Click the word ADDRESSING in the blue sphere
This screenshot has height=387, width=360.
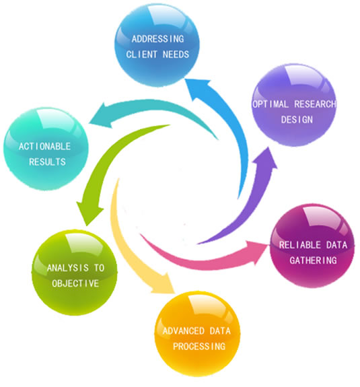tap(157, 39)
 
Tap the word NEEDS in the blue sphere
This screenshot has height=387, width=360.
tap(176, 55)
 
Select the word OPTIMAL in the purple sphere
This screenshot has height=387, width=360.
tap(271, 104)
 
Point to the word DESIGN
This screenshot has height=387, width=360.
tap(297, 120)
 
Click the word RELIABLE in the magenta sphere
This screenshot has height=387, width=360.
tap(300, 245)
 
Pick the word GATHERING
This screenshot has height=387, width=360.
tap(313, 260)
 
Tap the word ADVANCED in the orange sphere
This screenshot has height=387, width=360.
tap(184, 331)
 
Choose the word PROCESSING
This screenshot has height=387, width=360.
tap(199, 347)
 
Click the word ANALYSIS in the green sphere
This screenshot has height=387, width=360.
tap(68, 268)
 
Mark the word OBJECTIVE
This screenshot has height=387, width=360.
tap(75, 283)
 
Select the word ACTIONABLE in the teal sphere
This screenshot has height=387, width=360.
tap(44, 146)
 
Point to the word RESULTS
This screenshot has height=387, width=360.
tap(47, 162)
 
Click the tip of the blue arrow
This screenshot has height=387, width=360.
tap(185, 79)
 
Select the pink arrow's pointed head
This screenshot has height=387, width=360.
tap(269, 245)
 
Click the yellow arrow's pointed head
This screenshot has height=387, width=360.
tap(175, 293)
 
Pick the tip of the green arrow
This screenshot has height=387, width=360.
tap(87, 225)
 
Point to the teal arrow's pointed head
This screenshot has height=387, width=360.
tap(89, 122)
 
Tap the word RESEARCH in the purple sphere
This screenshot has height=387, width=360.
tap(316, 104)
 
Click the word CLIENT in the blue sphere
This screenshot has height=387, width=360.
tap(141, 55)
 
